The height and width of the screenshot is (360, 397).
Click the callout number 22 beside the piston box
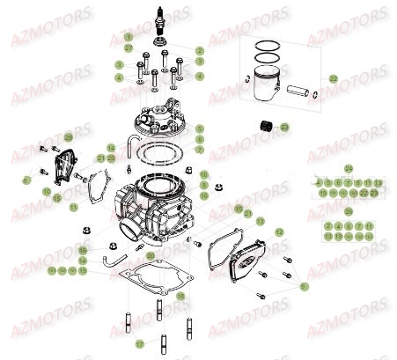point(334,79)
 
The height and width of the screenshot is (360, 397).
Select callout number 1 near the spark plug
point(128,37)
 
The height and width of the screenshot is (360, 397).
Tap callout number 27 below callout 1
point(128,48)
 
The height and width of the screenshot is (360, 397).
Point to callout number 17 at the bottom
point(139,343)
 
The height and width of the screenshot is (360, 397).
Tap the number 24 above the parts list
point(348,168)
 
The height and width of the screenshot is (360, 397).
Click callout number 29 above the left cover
point(69,138)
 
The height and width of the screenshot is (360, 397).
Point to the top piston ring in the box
point(268,49)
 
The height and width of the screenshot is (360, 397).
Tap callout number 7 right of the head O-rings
point(200,151)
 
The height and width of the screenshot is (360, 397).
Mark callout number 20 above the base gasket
point(151,256)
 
